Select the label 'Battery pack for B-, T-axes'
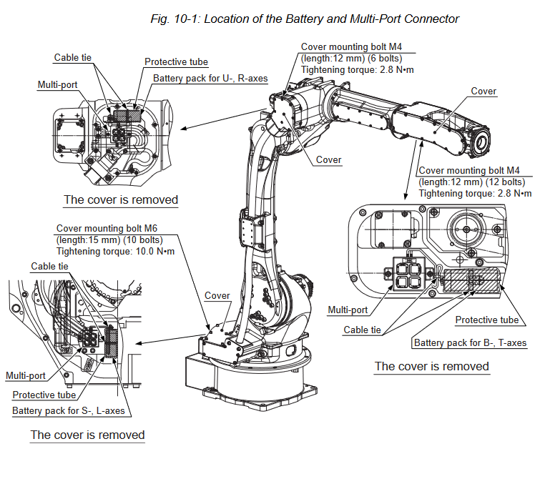tap(470, 343)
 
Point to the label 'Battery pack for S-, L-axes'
tap(68, 411)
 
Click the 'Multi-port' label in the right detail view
tap(348, 310)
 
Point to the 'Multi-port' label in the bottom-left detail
tap(26, 375)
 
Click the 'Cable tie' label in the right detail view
tap(362, 330)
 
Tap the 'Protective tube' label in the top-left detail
tap(176, 62)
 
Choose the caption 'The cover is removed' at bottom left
tap(87, 435)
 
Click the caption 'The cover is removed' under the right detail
tap(432, 366)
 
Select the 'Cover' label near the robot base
tap(217, 295)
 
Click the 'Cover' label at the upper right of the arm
tap(483, 92)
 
